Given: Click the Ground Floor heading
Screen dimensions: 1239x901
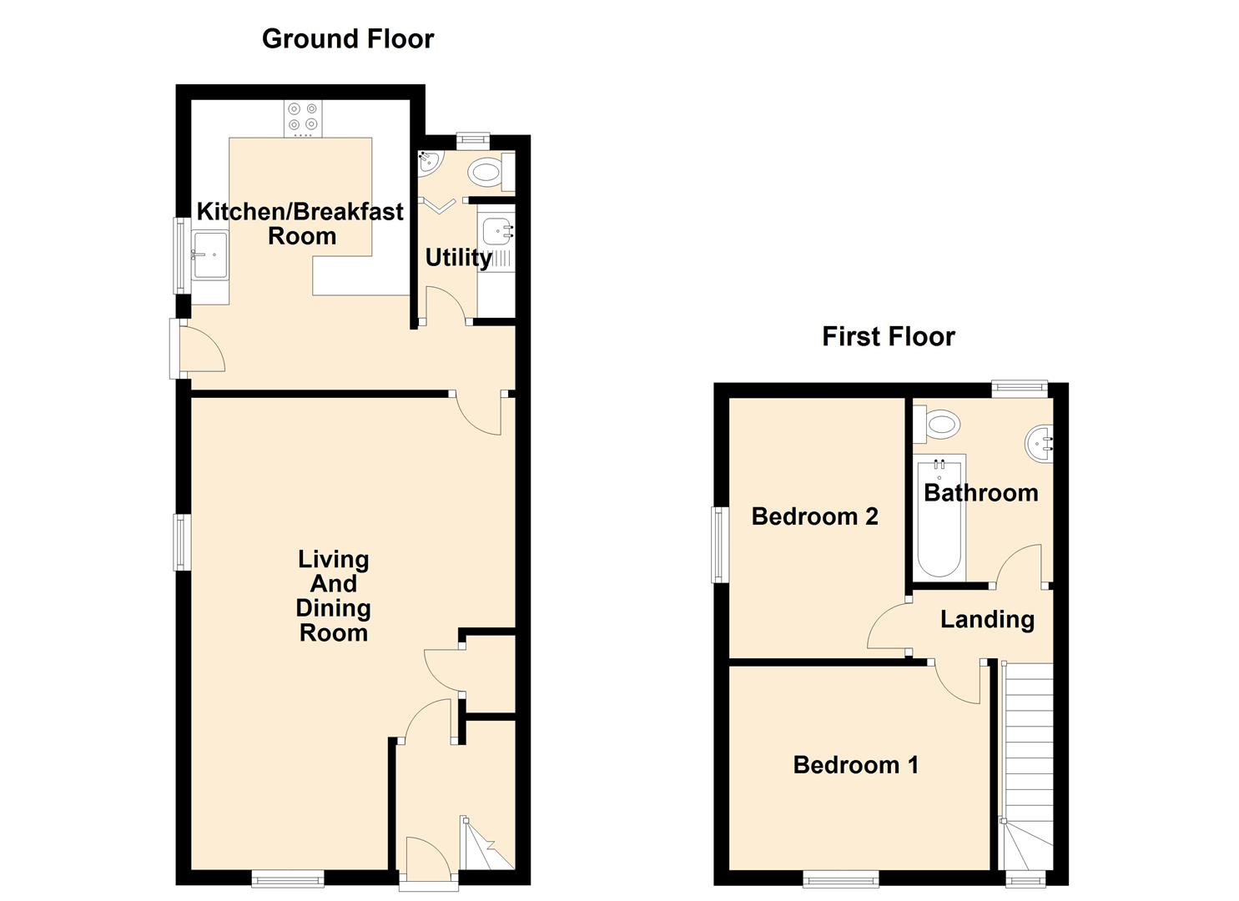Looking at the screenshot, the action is pyautogui.click(x=347, y=39).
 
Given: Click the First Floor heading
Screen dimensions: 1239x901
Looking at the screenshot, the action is pyautogui.click(x=889, y=337).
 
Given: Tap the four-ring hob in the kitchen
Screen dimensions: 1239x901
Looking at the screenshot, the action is pyautogui.click(x=304, y=118).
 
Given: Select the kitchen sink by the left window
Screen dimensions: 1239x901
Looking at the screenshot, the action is pyautogui.click(x=209, y=254).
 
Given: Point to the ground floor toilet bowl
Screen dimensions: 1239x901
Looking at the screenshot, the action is pyautogui.click(x=485, y=172).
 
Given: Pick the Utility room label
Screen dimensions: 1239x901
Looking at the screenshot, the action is pyautogui.click(x=459, y=258).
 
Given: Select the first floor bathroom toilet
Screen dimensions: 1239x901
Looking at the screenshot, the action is pyautogui.click(x=936, y=425).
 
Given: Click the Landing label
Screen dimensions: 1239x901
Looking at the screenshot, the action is pyautogui.click(x=987, y=620).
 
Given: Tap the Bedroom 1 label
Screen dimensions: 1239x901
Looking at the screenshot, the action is pyautogui.click(x=856, y=766).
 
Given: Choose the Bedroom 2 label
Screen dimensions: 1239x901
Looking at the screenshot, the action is pyautogui.click(x=815, y=516).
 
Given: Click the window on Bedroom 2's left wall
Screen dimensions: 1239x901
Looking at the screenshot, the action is pyautogui.click(x=720, y=544).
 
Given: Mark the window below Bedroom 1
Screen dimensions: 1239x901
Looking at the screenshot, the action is pyautogui.click(x=841, y=878).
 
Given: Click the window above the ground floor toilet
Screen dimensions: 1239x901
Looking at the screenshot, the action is pyautogui.click(x=473, y=141).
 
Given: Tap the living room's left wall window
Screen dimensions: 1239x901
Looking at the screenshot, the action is pyautogui.click(x=183, y=542).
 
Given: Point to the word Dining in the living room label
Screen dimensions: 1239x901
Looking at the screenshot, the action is pyautogui.click(x=333, y=608).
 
